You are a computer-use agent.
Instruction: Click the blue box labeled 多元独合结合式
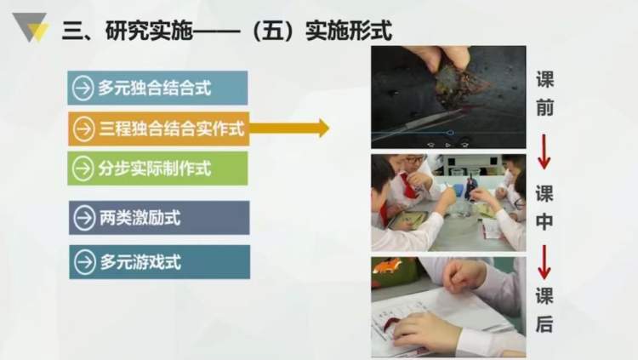[157, 88]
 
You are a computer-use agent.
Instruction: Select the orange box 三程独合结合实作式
[158, 129]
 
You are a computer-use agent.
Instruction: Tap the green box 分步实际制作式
[157, 169]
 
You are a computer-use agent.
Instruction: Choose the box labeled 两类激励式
[159, 218]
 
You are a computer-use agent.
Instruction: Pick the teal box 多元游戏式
[160, 262]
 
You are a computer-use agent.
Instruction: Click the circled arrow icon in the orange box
[83, 129]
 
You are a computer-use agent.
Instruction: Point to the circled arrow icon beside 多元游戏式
[85, 262]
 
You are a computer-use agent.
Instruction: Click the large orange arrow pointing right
[289, 129]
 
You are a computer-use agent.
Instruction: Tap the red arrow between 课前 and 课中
[544, 151]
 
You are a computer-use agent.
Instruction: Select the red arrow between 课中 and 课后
[544, 262]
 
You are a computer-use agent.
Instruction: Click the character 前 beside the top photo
[544, 108]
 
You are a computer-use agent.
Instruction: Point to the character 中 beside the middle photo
[544, 221]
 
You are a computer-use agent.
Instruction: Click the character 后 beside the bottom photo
[544, 323]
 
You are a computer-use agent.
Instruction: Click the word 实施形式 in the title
[349, 31]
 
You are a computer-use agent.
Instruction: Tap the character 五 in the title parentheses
[272, 31]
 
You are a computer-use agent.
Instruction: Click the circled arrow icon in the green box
[83, 169]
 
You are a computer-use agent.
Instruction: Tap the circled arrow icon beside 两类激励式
[84, 218]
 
